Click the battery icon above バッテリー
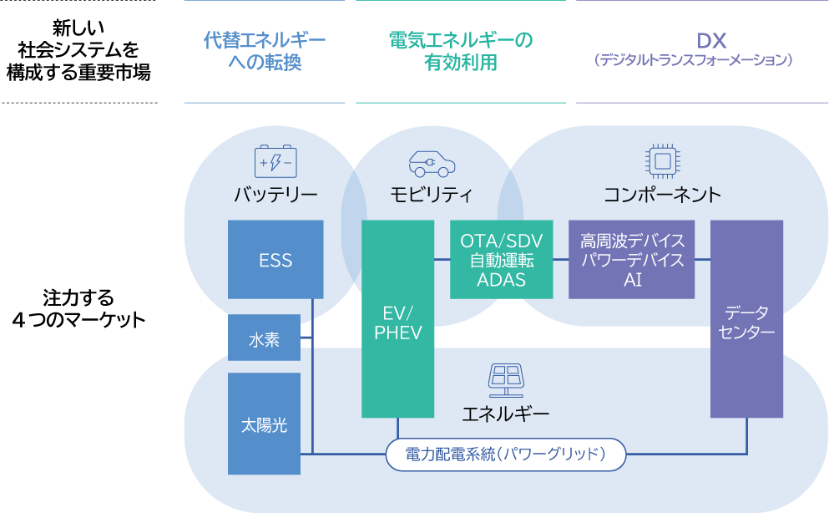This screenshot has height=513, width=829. (275, 161)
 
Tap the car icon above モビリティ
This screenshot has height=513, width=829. (432, 161)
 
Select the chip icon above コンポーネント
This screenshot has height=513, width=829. (662, 160)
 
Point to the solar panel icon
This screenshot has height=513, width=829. (506, 380)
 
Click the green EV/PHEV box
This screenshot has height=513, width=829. (398, 319)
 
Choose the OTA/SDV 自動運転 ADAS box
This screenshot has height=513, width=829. (501, 260)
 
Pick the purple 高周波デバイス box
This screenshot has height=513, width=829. (632, 260)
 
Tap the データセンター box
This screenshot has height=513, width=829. (747, 319)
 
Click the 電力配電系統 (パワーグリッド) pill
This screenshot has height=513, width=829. (506, 455)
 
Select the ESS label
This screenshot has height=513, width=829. (275, 261)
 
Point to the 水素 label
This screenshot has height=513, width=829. (265, 340)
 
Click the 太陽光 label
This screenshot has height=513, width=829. (264, 425)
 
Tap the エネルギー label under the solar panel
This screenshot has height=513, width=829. (506, 414)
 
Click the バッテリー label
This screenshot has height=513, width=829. (275, 196)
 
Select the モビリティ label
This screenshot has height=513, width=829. (432, 196)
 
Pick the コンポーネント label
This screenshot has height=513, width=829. (662, 196)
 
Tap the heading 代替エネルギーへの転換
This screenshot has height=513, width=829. (265, 51)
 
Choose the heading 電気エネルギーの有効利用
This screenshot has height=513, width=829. (461, 51)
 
